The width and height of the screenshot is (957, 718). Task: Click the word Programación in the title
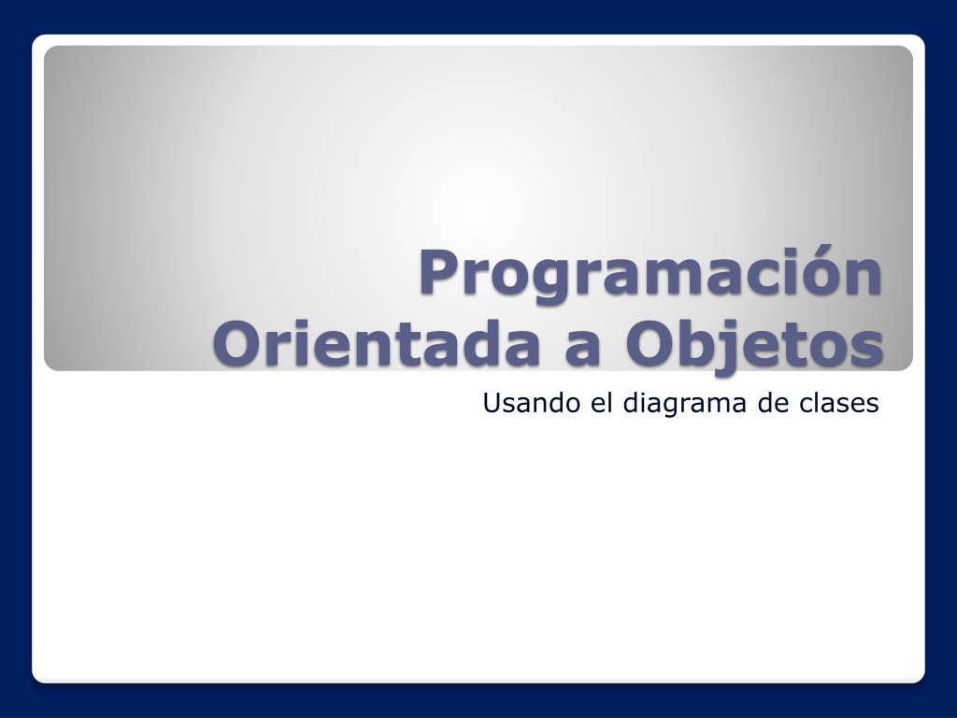click(x=650, y=275)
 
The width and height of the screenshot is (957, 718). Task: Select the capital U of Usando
click(x=492, y=403)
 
